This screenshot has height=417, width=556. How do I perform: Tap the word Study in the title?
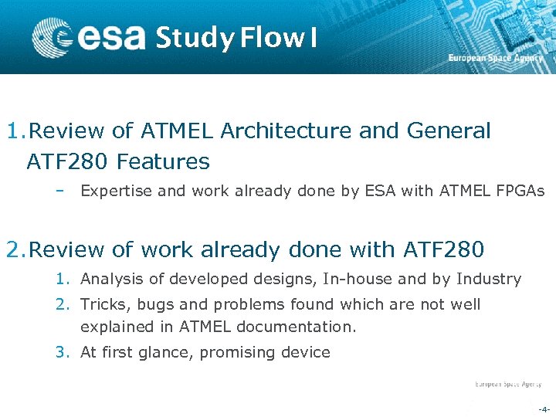(x=193, y=38)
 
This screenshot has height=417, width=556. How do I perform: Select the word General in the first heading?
(x=447, y=131)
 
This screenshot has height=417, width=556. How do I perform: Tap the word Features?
(x=163, y=162)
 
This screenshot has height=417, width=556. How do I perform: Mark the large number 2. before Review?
(x=15, y=250)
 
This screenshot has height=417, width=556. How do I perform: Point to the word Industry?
(x=489, y=279)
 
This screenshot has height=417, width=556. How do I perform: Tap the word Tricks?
(x=103, y=304)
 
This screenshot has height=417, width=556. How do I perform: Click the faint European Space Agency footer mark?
(x=507, y=384)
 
